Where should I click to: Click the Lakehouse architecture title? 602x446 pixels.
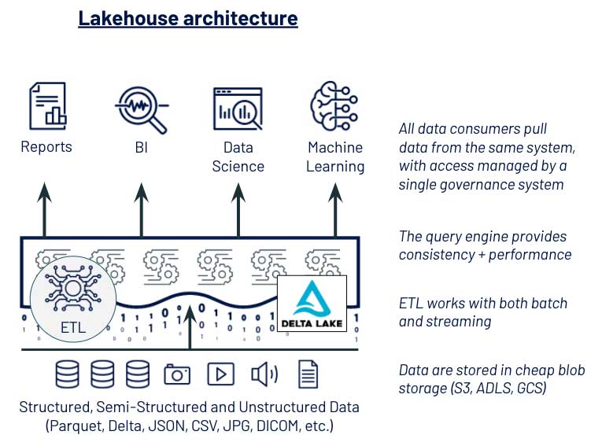coord(187,18)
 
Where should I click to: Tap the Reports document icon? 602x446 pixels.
coord(46,106)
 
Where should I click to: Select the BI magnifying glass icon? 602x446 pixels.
coord(142,107)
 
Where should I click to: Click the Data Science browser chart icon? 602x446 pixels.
coord(238,108)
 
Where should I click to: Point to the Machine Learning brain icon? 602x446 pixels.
coord(334,106)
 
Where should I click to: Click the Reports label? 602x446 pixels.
coord(46,147)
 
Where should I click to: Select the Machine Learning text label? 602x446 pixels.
coord(335,157)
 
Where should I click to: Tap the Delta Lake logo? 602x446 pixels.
coord(312,303)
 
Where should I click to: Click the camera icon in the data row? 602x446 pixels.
coord(177,374)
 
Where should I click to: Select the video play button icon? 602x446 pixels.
coord(221,374)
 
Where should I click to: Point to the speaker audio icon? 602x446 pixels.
coord(264,374)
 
